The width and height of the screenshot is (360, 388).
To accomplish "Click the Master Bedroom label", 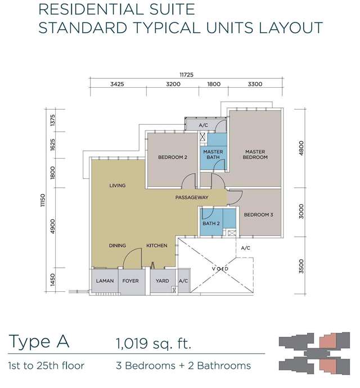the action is (x=255, y=155).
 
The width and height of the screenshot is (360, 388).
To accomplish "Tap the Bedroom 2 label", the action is (x=173, y=157).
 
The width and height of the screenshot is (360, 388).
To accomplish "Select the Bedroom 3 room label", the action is (x=259, y=215).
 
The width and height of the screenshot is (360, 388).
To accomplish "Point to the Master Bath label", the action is (x=213, y=155).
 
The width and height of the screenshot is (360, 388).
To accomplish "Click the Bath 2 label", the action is (x=211, y=223).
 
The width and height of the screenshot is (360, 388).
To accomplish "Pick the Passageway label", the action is (x=192, y=197).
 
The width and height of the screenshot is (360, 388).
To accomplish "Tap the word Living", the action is (x=118, y=186).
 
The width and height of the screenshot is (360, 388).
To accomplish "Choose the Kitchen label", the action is (x=157, y=246).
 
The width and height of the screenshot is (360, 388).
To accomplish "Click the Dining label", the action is (x=118, y=246).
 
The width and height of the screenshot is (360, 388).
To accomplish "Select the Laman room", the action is (x=105, y=281).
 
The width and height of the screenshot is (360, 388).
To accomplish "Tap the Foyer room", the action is (x=132, y=281).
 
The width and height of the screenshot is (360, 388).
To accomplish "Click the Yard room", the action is (x=163, y=281).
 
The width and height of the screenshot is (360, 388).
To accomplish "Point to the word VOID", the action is (x=220, y=269).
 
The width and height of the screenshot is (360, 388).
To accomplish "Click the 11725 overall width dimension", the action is (x=186, y=74).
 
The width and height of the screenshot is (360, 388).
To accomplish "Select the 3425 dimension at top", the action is (x=117, y=84).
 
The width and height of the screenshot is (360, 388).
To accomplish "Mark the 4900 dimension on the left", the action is (x=52, y=226).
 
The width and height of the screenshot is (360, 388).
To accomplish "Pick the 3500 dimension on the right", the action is (x=301, y=266).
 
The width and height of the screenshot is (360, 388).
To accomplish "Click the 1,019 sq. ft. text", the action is (x=154, y=343).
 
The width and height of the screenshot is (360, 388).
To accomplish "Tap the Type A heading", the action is (x=39, y=342).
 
